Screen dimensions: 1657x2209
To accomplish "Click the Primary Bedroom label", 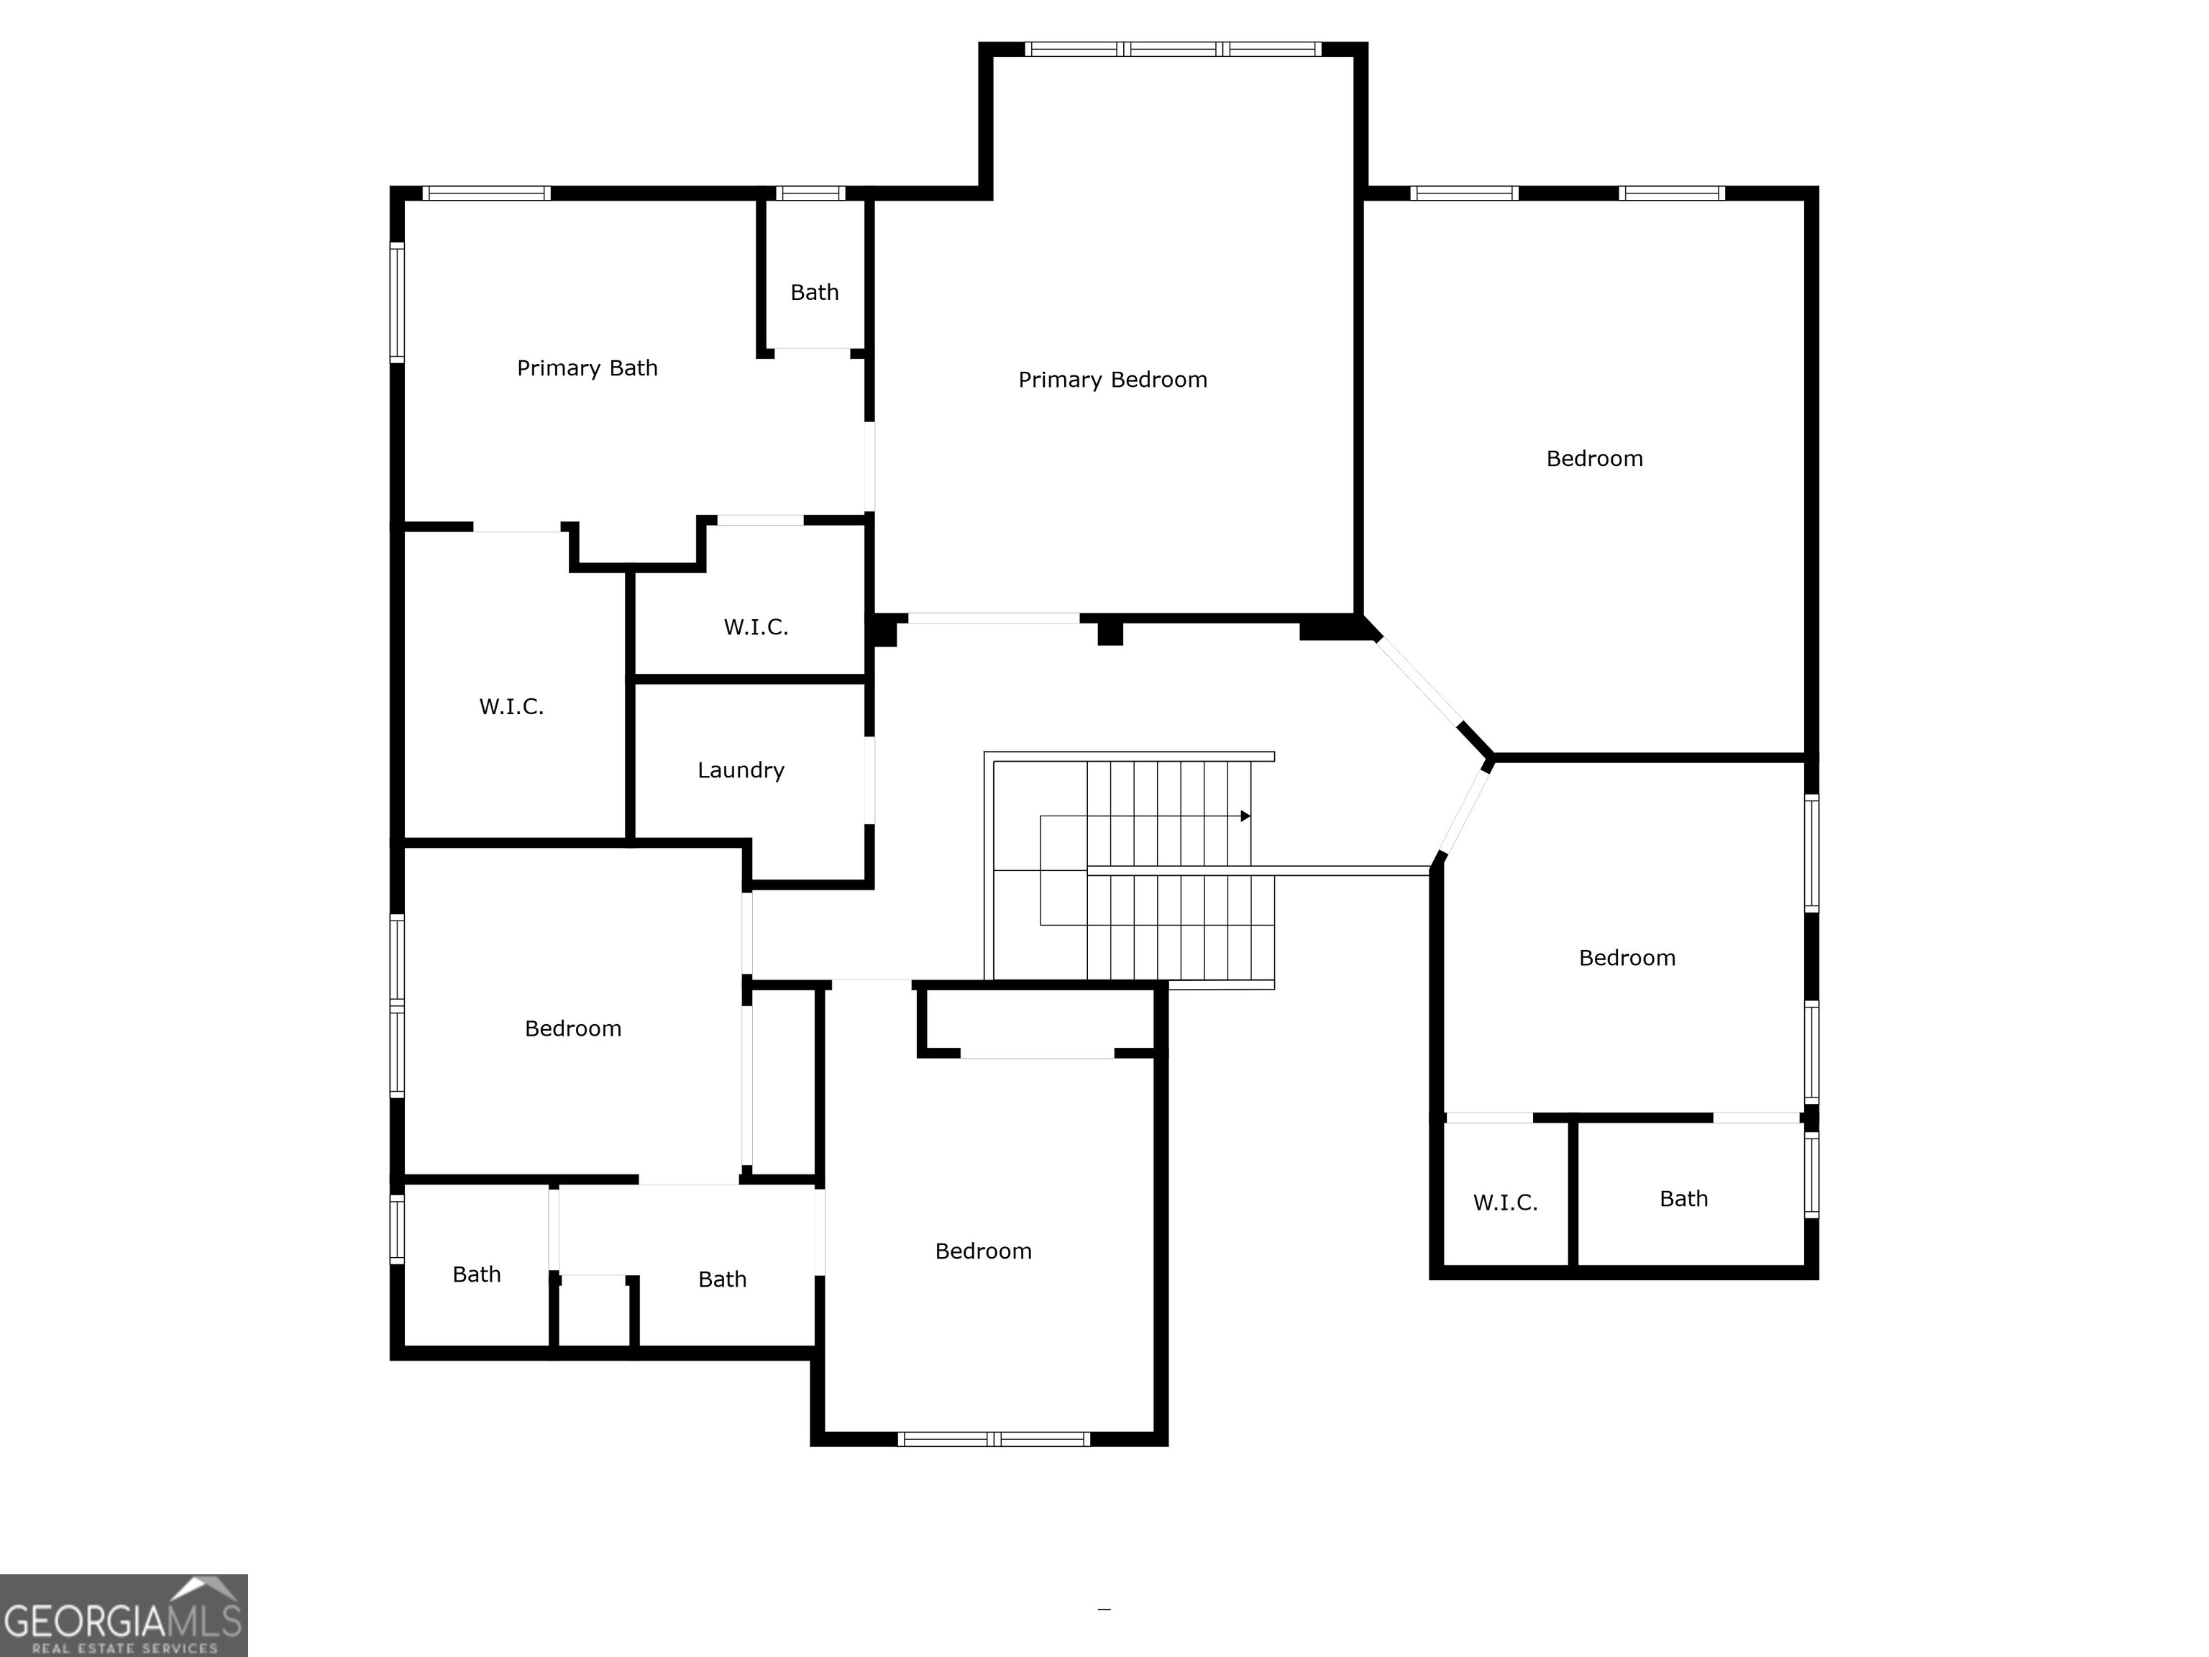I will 1112,380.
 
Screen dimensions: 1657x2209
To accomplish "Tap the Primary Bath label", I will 587,368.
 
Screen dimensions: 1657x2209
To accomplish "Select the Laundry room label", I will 741,770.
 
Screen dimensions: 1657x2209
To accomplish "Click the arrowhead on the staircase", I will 1245,816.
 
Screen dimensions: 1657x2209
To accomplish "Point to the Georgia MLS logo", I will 124,1615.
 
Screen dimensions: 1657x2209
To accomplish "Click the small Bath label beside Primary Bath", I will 815,293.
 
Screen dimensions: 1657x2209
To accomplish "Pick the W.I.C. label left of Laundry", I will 511,707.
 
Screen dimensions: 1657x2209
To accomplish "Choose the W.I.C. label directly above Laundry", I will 756,627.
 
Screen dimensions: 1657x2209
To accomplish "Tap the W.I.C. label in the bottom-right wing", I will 1505,1202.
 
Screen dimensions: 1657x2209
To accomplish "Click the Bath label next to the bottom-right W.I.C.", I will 1683,1199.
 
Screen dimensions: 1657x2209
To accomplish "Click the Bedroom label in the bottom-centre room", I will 984,1251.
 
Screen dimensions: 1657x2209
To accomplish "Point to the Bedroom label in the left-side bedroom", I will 573,1028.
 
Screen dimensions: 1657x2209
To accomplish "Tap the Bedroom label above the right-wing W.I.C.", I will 1627,958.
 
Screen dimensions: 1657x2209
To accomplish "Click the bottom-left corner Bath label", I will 476,1274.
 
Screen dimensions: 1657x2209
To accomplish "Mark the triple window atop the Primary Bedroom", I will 1174,49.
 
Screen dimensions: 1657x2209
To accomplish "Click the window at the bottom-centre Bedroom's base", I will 994,1439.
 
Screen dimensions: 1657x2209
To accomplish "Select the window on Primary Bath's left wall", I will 396,301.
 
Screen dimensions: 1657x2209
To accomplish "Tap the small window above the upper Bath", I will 810,193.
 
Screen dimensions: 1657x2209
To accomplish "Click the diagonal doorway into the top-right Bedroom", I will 1418,679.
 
